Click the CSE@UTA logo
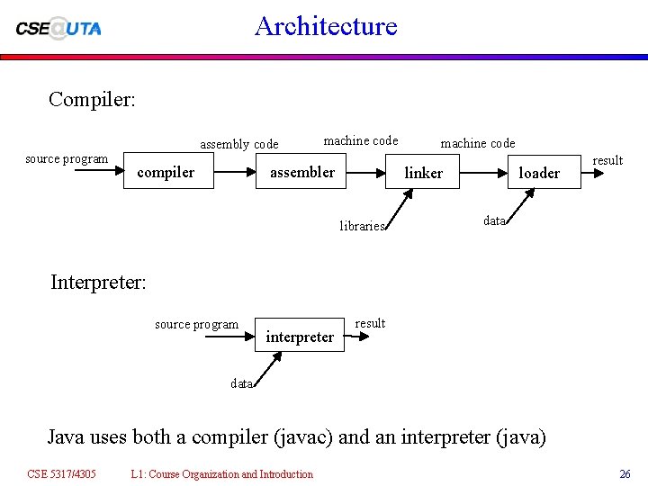(58, 27)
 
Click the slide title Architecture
(326, 25)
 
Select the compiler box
(166, 172)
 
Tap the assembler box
(302, 172)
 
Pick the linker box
(423, 173)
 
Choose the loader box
(539, 173)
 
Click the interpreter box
(300, 337)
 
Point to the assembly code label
(239, 144)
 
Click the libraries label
(362, 226)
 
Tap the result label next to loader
(607, 160)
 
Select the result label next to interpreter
(370, 323)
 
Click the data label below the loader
(494, 220)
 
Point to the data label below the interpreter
(241, 383)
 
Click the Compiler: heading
(93, 99)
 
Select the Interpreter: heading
(98, 282)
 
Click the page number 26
(625, 473)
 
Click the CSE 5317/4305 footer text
(61, 473)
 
